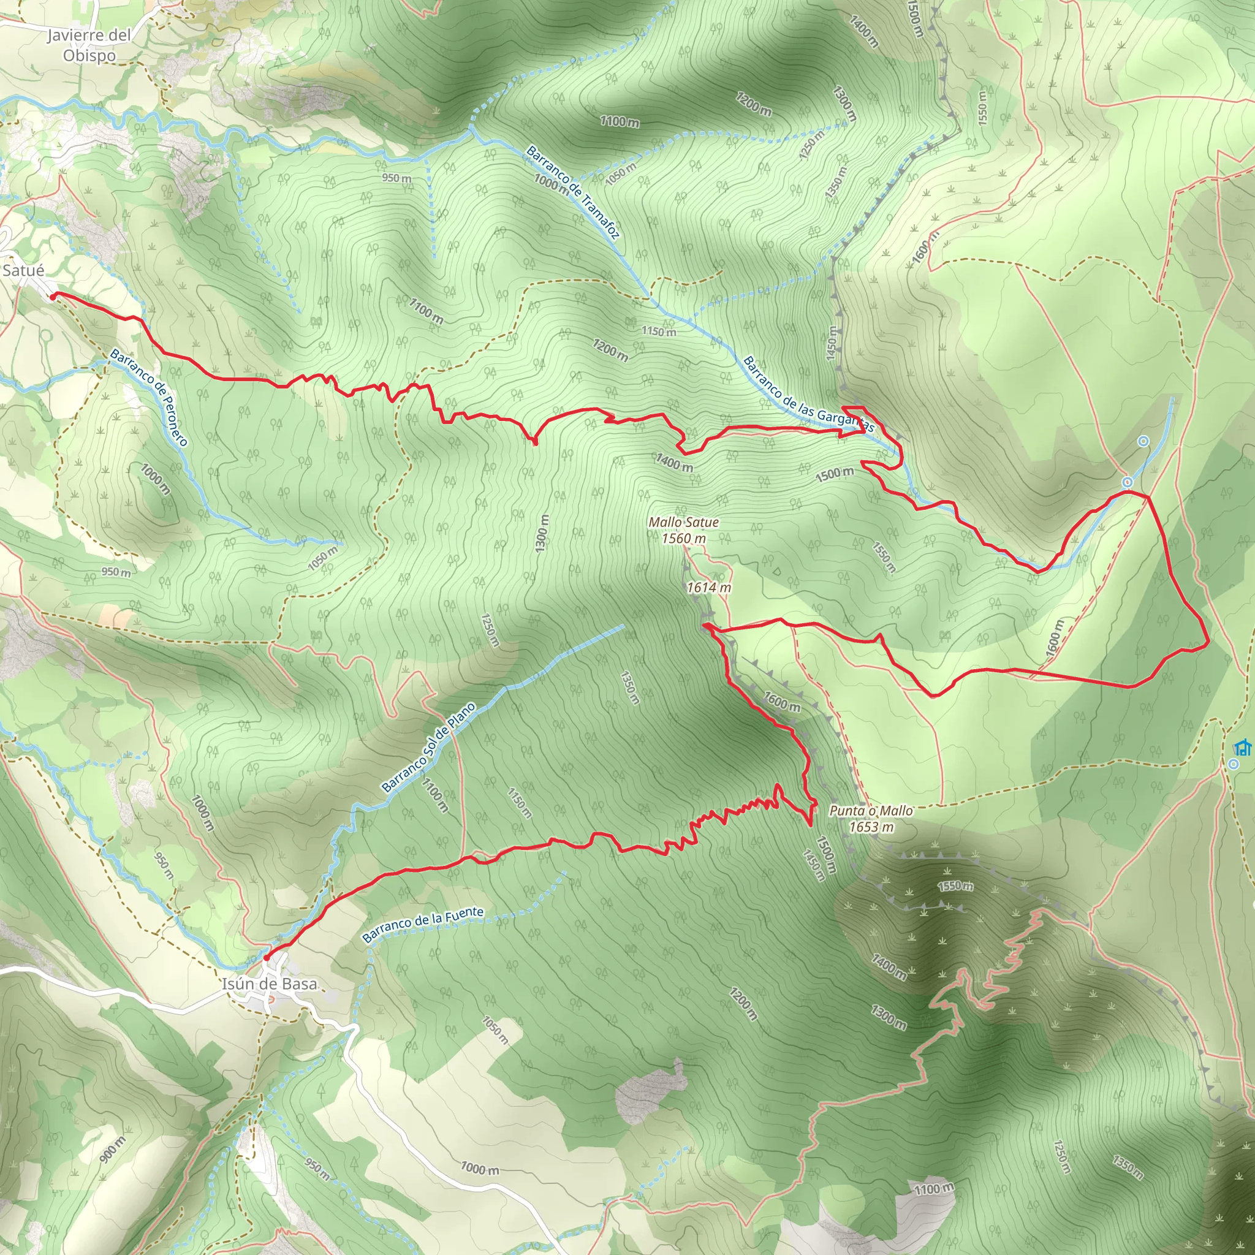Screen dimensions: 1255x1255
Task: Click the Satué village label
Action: point(23,270)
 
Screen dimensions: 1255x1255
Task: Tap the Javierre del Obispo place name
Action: point(89,45)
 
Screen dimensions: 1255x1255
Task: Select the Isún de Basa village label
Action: point(269,984)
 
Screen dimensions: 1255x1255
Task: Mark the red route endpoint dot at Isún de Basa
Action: point(267,957)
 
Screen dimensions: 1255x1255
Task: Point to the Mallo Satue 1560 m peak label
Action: point(683,529)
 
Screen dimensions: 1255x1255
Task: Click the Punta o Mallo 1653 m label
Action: point(871,819)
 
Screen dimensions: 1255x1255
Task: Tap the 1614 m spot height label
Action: point(709,587)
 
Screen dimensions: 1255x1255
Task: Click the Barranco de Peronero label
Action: point(150,398)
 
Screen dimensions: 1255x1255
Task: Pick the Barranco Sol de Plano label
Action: point(428,748)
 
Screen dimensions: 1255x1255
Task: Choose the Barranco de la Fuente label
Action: point(423,924)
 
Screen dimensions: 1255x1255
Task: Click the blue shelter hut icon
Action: point(1243,748)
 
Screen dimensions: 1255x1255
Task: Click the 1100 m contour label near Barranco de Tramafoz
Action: point(619,121)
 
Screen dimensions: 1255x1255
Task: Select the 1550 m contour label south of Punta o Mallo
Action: point(955,886)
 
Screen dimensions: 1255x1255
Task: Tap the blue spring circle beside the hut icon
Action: point(1233,765)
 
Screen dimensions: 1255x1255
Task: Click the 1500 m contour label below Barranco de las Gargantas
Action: point(835,474)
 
